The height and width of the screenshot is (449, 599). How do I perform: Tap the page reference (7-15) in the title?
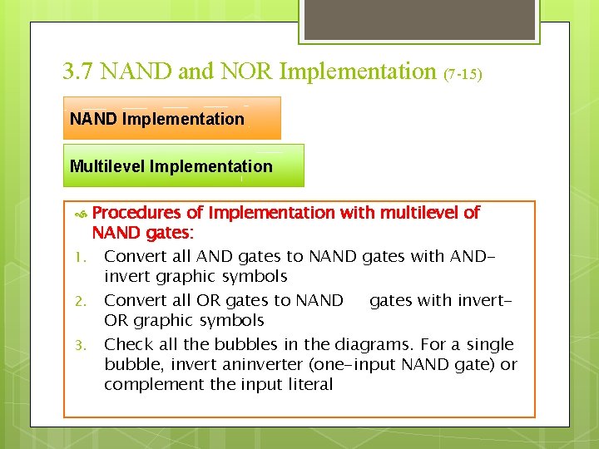pos(463,74)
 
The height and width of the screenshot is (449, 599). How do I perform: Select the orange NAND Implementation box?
pos(172,118)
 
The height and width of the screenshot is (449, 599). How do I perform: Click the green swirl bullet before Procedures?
pos(81,214)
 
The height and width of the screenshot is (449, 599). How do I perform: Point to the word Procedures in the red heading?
pos(136,213)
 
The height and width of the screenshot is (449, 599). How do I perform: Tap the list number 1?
pos(76,257)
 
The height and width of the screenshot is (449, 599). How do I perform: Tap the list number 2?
pos(76,301)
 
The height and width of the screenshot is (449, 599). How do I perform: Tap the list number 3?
pos(76,345)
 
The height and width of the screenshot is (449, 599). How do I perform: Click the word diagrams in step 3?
pos(369,344)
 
